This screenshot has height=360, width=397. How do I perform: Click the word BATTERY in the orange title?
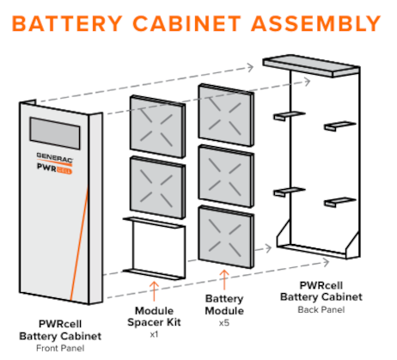[67, 23]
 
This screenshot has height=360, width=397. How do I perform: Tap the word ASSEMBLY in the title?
[316, 23]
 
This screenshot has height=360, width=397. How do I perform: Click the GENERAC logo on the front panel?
[54, 157]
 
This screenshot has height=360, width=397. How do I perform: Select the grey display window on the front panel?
[55, 133]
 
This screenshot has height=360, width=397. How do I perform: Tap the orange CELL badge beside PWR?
[64, 170]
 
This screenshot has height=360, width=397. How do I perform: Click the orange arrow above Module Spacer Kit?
[154, 291]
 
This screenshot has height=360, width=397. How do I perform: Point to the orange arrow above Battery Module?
[224, 279]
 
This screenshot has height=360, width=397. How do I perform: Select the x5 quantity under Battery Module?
[224, 323]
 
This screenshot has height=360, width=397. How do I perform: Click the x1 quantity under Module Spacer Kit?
[154, 334]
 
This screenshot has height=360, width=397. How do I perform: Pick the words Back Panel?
[321, 309]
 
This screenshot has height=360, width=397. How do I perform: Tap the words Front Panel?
[60, 348]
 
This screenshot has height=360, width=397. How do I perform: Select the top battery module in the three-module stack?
[226, 115]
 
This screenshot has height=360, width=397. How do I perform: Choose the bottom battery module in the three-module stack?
[226, 237]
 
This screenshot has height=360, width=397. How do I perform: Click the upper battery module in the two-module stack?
[157, 126]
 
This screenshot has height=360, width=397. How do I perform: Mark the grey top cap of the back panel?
[311, 65]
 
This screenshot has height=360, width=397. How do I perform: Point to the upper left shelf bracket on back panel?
[289, 116]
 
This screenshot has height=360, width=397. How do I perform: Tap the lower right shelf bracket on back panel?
[340, 202]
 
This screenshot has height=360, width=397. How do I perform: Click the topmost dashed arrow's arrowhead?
[250, 68]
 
